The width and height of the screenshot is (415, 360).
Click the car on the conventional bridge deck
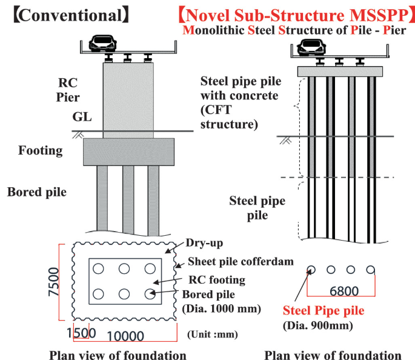click(x=101, y=42)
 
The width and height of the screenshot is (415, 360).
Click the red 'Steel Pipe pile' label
click(x=324, y=311)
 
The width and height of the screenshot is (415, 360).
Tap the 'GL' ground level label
click(x=82, y=117)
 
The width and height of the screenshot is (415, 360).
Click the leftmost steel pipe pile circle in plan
click(x=311, y=270)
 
